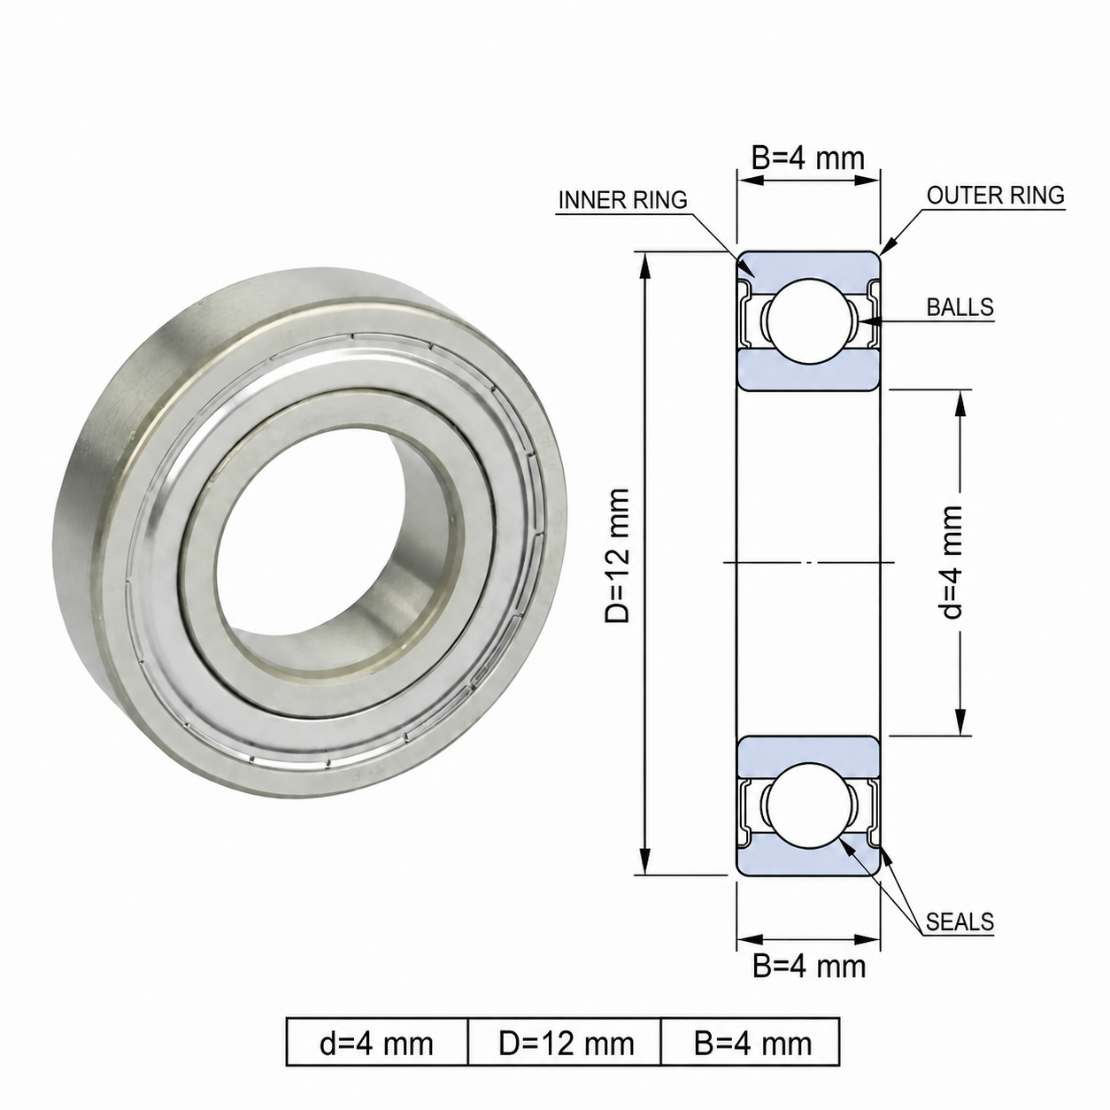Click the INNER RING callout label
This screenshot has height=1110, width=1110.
[x=622, y=200]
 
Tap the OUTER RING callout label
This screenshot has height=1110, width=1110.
[x=996, y=196]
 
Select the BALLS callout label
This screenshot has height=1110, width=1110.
[x=960, y=307]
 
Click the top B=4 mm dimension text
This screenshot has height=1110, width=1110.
[x=808, y=158]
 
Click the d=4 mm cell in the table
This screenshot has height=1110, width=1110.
[x=377, y=1044]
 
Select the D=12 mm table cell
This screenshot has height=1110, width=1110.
[x=567, y=1044]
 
